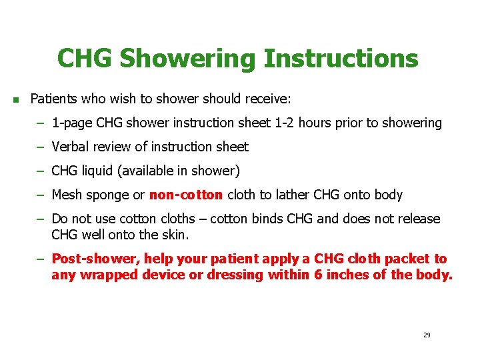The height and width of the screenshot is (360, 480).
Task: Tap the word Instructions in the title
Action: pos(341,59)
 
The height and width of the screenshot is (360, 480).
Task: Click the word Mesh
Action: pos(67,195)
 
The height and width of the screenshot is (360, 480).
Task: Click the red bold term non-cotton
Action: pos(187,195)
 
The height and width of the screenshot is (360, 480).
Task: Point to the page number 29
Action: pos(427,335)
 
